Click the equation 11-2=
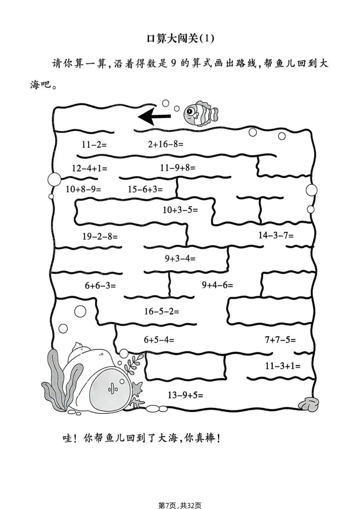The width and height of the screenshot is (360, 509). (x=94, y=144)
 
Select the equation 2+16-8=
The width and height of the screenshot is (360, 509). (x=166, y=144)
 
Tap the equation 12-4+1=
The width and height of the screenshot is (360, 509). (x=90, y=168)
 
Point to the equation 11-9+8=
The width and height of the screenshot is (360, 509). (x=178, y=167)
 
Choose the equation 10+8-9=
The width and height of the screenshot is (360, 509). (x=83, y=189)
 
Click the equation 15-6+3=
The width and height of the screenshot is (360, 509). (x=145, y=189)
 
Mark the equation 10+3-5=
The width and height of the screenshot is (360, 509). (x=180, y=210)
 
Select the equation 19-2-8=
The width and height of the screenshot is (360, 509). (x=100, y=236)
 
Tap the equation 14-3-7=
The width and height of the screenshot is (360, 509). (x=276, y=235)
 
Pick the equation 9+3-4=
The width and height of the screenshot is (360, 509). (x=180, y=258)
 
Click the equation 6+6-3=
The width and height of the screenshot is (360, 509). (x=100, y=285)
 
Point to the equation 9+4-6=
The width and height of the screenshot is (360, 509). (x=217, y=285)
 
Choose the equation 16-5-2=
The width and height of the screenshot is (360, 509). (x=161, y=311)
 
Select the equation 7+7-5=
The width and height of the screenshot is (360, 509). (x=280, y=340)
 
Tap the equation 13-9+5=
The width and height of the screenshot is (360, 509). (x=185, y=395)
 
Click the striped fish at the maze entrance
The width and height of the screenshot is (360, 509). (x=200, y=114)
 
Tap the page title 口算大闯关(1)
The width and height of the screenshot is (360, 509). (x=180, y=39)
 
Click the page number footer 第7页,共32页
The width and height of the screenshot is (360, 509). (x=180, y=505)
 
